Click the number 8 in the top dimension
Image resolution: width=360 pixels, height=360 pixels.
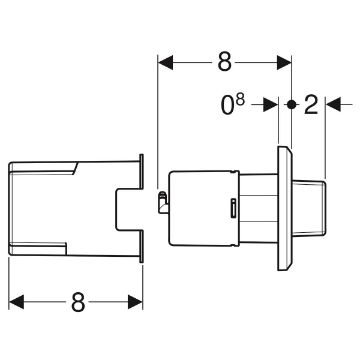click(x=224, y=62)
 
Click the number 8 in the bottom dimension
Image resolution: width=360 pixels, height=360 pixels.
click(x=78, y=302)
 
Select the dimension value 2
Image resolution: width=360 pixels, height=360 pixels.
click(x=311, y=104)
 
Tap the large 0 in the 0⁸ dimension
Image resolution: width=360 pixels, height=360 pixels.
click(x=227, y=105)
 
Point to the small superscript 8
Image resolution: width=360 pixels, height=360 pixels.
click(x=240, y=99)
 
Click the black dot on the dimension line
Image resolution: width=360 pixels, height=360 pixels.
click(x=292, y=104)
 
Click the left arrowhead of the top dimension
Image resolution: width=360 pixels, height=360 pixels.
click(x=166, y=62)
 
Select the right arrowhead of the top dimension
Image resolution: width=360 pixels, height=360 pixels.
click(x=284, y=62)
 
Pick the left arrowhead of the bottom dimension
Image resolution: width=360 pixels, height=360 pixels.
click(x=17, y=302)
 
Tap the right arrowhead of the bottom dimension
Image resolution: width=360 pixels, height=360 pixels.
click(x=135, y=302)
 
